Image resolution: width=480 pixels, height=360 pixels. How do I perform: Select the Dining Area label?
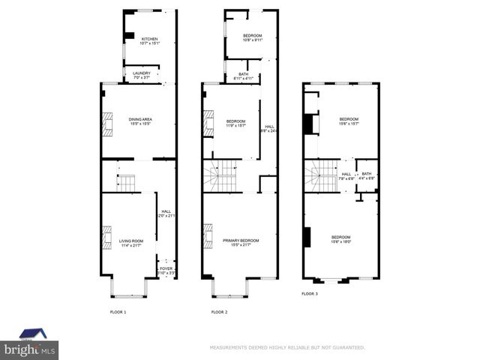point(140,121)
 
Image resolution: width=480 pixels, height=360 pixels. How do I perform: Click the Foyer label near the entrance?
point(166,269)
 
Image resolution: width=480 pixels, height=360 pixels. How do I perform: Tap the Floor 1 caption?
point(118,311)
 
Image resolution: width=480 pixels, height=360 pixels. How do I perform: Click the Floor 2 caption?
point(219,311)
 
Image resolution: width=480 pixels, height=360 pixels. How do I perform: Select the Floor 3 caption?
point(310,294)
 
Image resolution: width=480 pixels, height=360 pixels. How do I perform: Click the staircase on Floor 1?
point(126,183)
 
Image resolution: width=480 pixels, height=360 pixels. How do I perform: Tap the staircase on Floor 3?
point(320,176)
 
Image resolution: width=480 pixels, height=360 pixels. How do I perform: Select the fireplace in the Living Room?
point(107,238)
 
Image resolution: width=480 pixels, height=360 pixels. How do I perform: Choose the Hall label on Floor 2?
point(268,128)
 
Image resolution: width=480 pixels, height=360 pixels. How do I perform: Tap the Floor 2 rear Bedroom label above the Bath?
point(252,37)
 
